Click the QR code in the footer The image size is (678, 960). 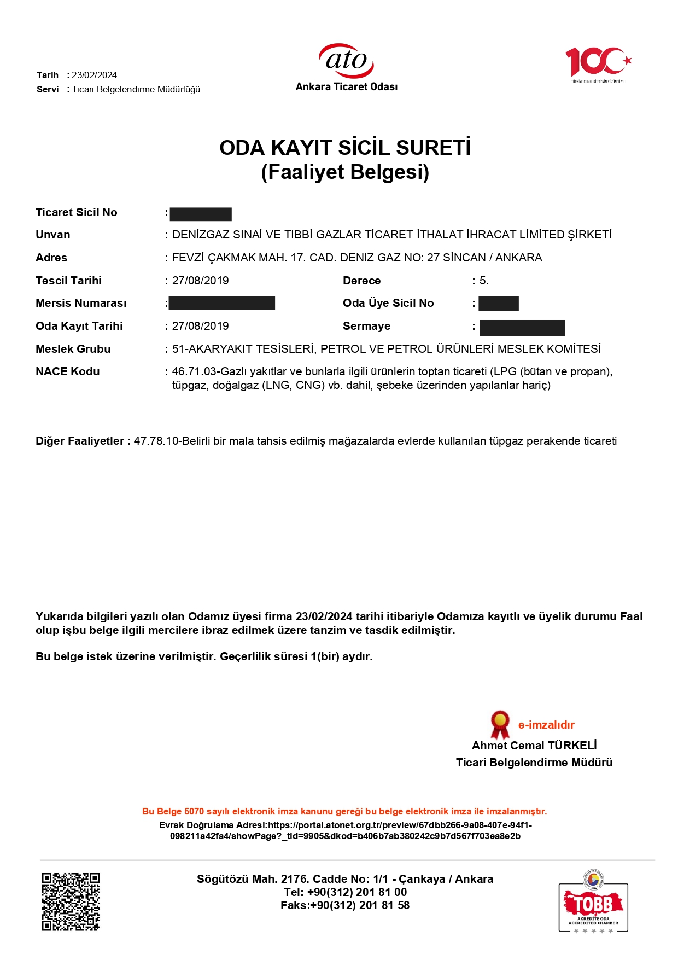tap(71, 901)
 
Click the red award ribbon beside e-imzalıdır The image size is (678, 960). tap(500, 724)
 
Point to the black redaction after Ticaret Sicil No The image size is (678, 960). tap(201, 214)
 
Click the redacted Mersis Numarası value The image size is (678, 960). tap(222, 303)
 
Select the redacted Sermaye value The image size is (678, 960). tap(522, 328)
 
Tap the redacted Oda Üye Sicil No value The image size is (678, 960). tap(499, 304)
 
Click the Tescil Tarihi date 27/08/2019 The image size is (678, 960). tap(201, 281)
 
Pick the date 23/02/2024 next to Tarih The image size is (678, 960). tap(94, 75)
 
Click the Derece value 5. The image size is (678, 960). tap(484, 281)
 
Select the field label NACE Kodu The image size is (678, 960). tap(68, 371)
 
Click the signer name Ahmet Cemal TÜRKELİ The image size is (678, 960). tap(534, 746)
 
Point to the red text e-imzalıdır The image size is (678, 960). tap(546, 725)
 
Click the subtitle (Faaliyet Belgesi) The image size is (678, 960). tap(345, 172)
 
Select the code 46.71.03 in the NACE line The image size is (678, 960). tap(194, 371)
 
